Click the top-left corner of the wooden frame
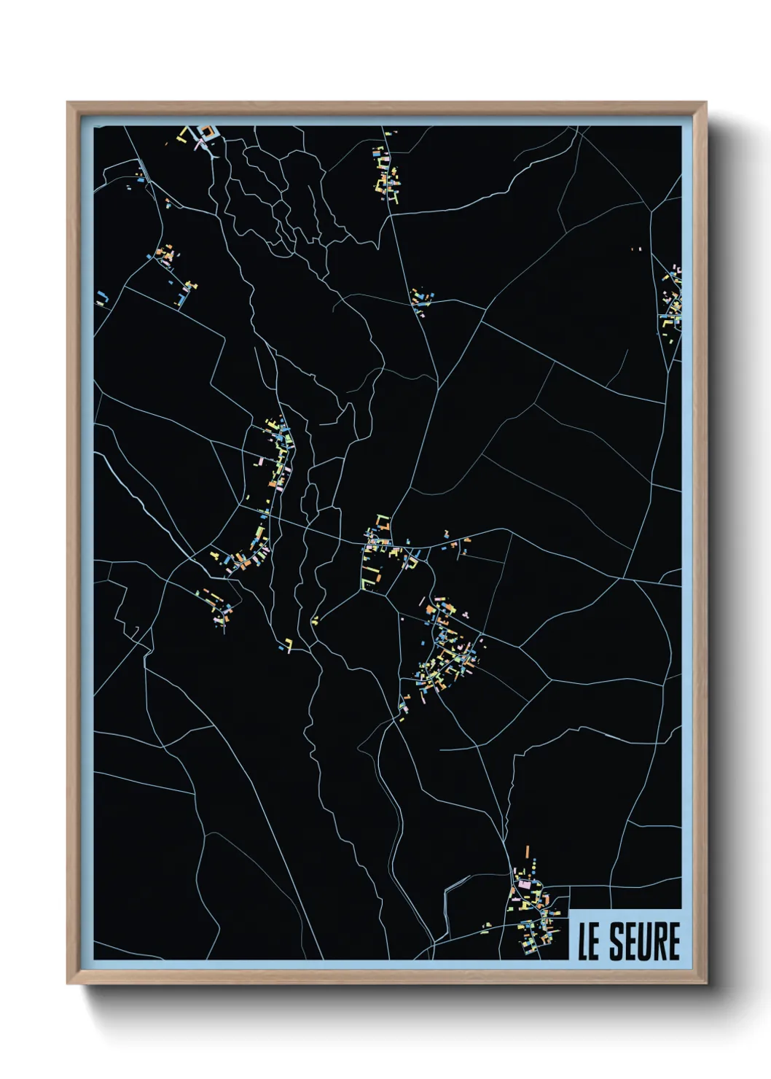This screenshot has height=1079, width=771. pos(69,104)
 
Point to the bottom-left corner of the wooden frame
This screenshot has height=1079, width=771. pos(69,983)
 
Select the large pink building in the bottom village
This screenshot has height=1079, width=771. pos(525,884)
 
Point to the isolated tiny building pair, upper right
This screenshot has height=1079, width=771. pos(636,249)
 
